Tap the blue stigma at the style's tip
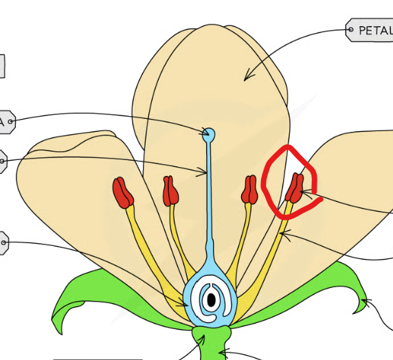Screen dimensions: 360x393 point(209,133)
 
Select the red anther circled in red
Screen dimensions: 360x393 point(295,188)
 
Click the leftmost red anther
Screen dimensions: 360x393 point(123,192)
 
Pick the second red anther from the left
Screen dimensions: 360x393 point(170,191)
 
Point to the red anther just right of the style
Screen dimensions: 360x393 point(249,190)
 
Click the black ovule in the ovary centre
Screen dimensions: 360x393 point(212,300)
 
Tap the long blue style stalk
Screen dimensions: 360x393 point(209,199)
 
